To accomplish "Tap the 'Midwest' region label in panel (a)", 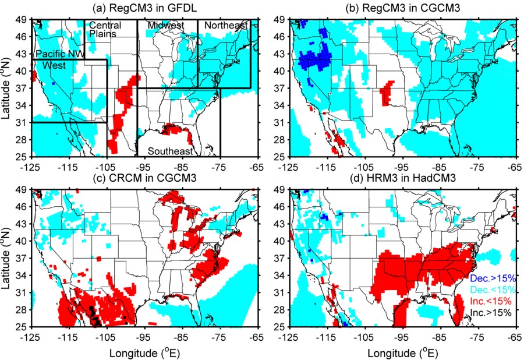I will (165, 26).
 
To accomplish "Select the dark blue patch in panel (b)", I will (321, 58).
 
